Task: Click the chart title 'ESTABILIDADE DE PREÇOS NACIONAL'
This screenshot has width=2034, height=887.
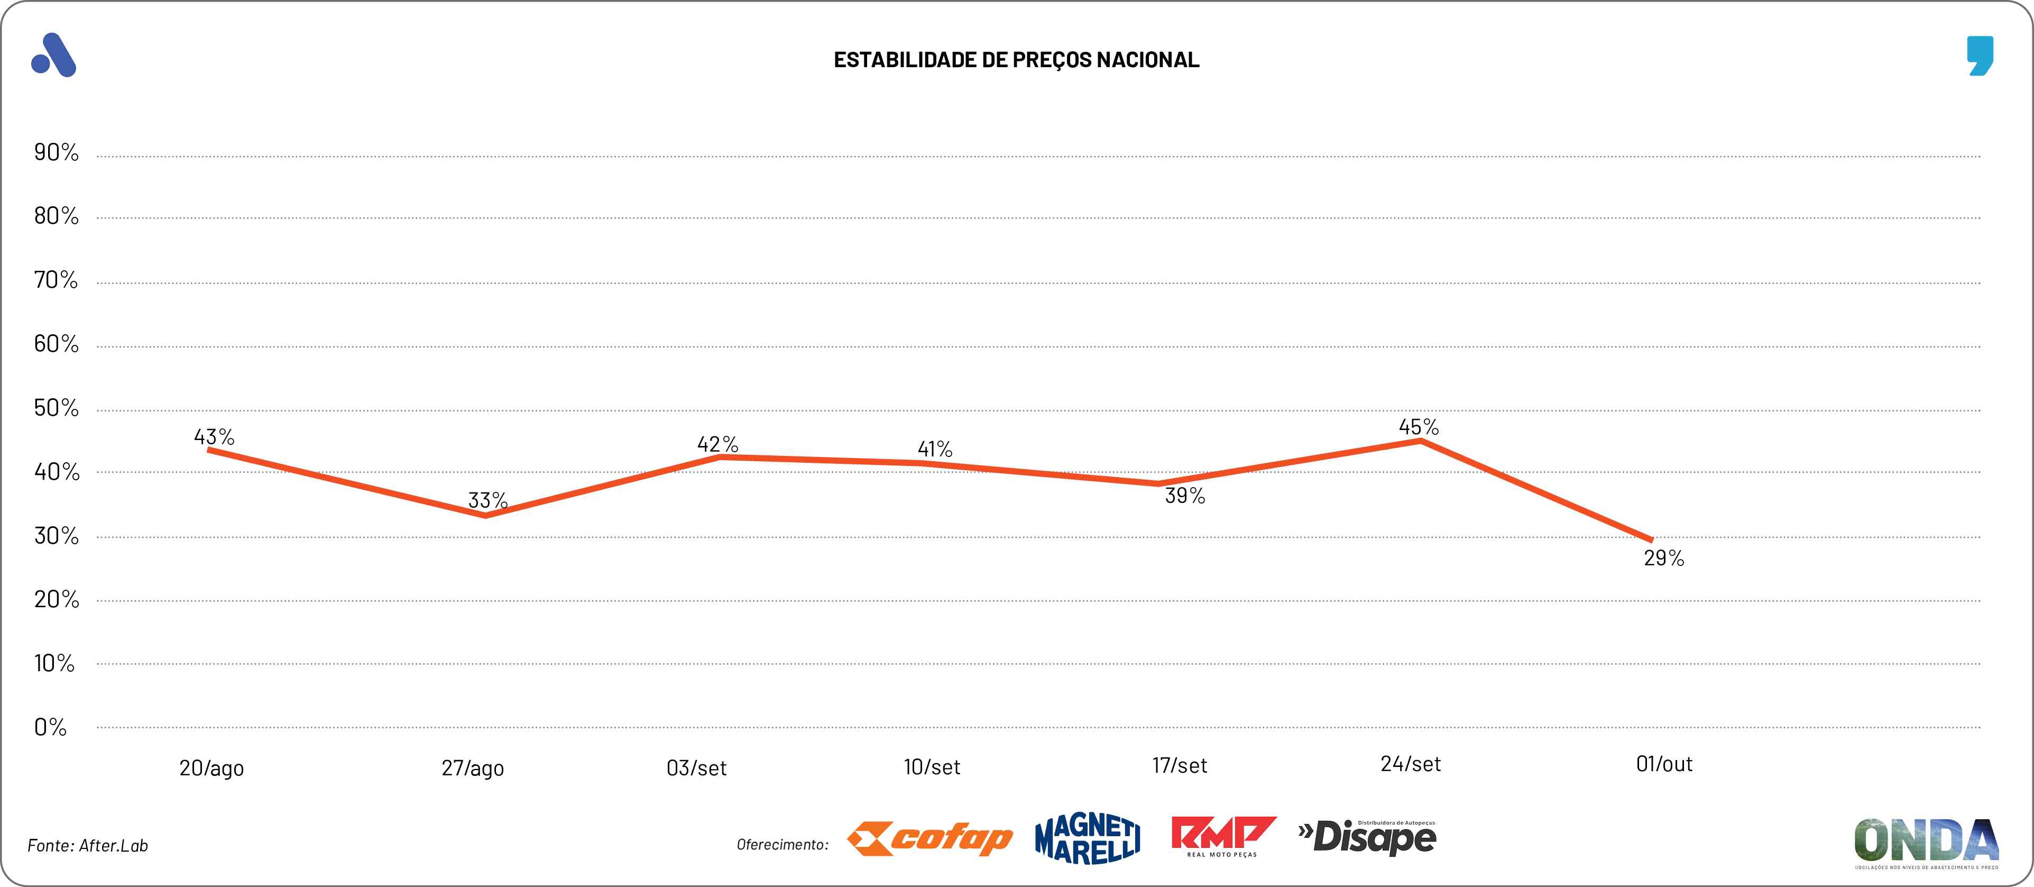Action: [x=1016, y=60]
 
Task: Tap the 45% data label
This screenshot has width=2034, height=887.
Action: [x=1419, y=427]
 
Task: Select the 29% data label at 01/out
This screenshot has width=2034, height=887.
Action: [x=1664, y=559]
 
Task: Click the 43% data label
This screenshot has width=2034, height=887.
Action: [x=214, y=437]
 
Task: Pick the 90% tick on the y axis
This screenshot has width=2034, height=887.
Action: [x=56, y=152]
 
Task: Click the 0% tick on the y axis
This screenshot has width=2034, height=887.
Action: [x=50, y=727]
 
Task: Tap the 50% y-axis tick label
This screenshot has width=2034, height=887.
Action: [x=56, y=408]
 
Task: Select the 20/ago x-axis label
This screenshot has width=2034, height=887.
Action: [x=211, y=768]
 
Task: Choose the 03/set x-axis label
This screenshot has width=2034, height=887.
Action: [x=696, y=768]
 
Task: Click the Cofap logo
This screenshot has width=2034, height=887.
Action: [x=929, y=839]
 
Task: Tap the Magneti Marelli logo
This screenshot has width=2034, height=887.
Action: [x=1087, y=839]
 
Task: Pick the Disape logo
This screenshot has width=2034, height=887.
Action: [x=1368, y=838]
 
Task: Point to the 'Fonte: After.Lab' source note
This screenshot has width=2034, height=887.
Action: [x=88, y=846]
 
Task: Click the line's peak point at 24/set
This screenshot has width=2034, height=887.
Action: [x=1421, y=441]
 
